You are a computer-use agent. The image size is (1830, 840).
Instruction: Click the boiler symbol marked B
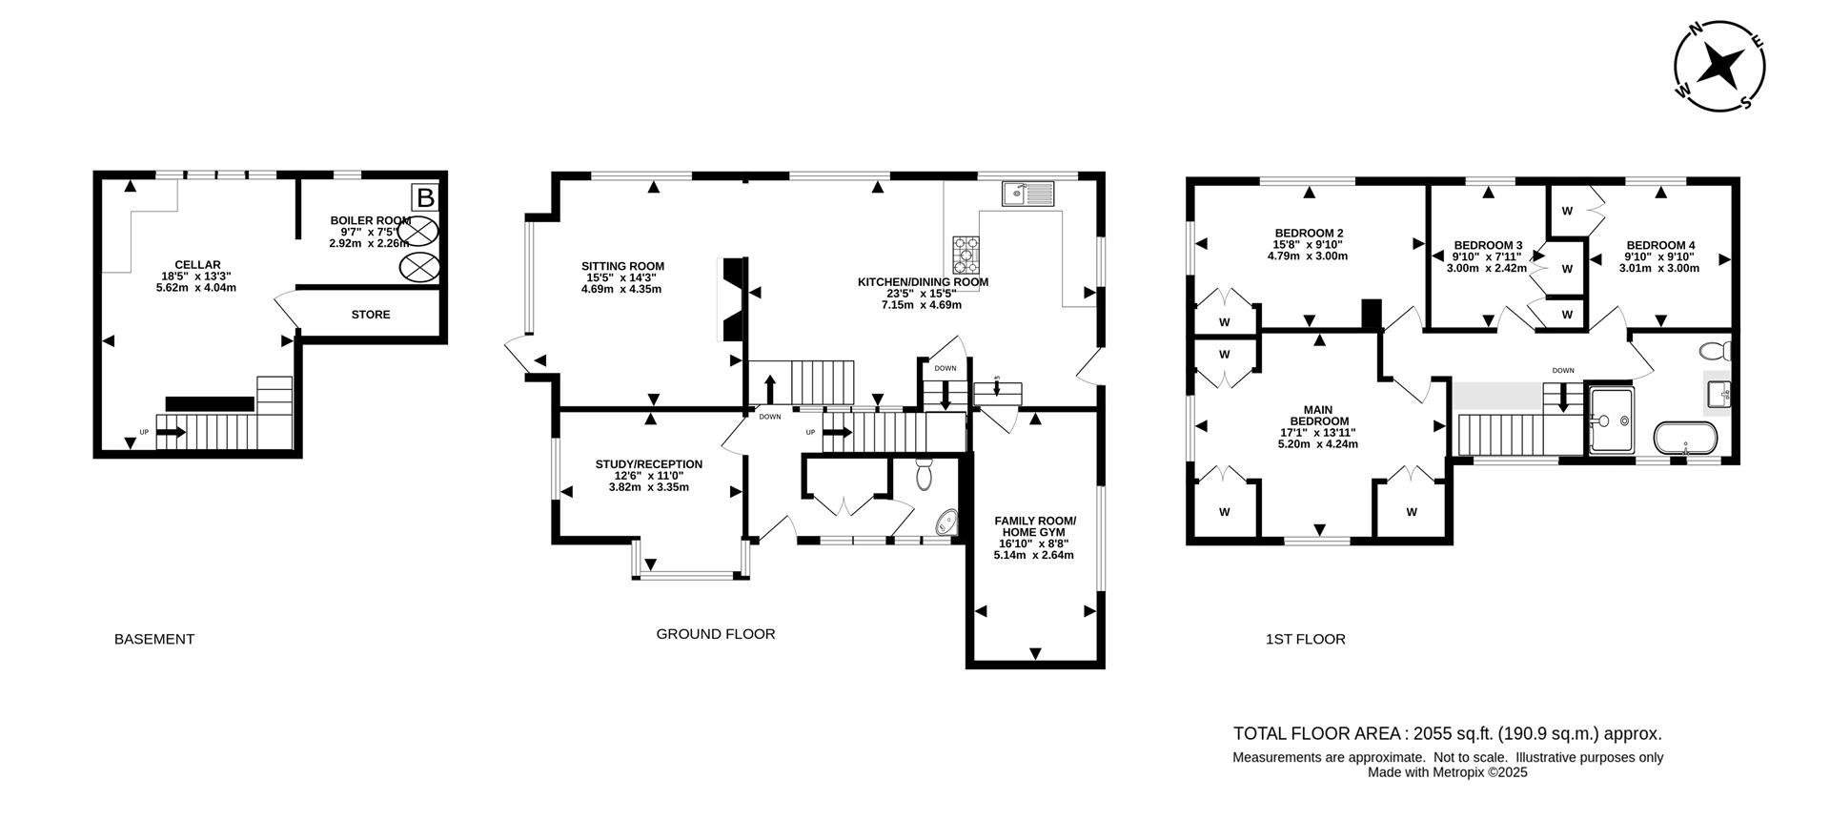pyautogui.click(x=426, y=198)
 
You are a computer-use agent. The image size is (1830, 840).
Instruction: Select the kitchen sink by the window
pyautogui.click(x=1027, y=195)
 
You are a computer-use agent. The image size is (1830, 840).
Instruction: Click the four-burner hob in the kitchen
pyautogui.click(x=966, y=255)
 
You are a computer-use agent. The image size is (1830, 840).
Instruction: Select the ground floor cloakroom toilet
pyautogui.click(x=923, y=474)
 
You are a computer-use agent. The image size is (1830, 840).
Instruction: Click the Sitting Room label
pyautogui.click(x=622, y=266)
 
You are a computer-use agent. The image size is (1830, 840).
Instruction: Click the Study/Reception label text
pyautogui.click(x=648, y=464)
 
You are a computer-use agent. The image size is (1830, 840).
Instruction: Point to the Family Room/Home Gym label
pyautogui.click(x=1034, y=526)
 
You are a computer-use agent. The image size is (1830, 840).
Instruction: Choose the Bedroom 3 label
pyautogui.click(x=1487, y=245)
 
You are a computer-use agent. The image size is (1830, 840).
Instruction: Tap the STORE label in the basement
pyautogui.click(x=370, y=315)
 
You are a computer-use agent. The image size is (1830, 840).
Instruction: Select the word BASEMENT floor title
pyautogui.click(x=153, y=639)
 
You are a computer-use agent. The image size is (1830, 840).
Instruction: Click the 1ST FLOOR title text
pyautogui.click(x=1305, y=639)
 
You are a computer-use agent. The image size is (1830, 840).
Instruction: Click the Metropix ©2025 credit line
pyautogui.click(x=1447, y=772)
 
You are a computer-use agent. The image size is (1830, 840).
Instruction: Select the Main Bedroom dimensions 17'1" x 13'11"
pyautogui.click(x=1319, y=433)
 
